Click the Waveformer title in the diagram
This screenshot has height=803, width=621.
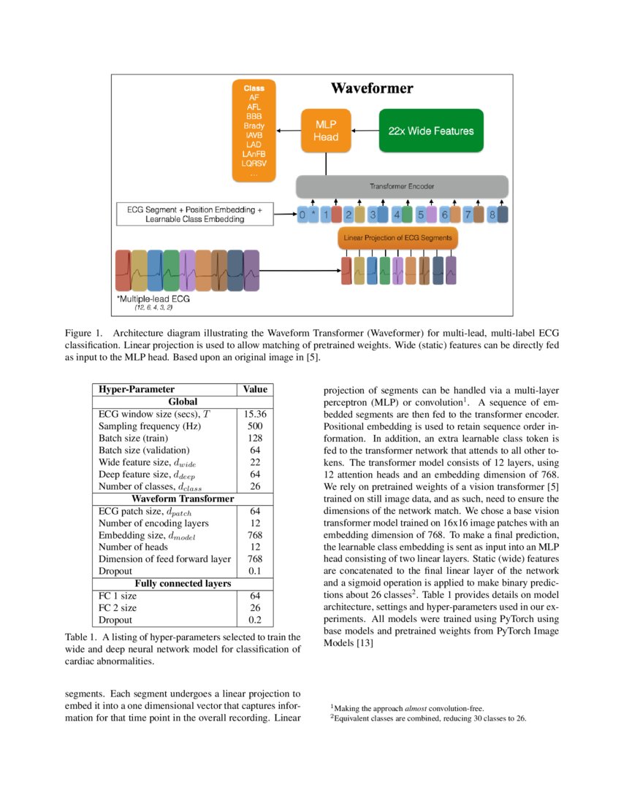(x=372, y=89)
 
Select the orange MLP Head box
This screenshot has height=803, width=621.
(x=326, y=131)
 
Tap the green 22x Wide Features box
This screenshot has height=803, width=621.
(x=431, y=131)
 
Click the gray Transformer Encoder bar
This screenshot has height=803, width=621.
(x=401, y=187)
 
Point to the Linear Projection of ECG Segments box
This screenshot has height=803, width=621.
(x=397, y=238)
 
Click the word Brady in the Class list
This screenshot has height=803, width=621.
(x=254, y=126)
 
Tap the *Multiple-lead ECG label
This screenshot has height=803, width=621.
(x=151, y=300)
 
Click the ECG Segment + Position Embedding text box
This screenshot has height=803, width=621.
(x=194, y=214)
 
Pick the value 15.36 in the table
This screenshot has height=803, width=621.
(x=255, y=413)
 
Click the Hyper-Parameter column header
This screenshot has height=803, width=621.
(x=136, y=390)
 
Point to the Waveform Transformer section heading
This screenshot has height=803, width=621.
(x=183, y=499)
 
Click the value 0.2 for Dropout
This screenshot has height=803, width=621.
(x=255, y=620)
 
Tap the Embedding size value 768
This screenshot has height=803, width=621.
(x=255, y=535)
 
